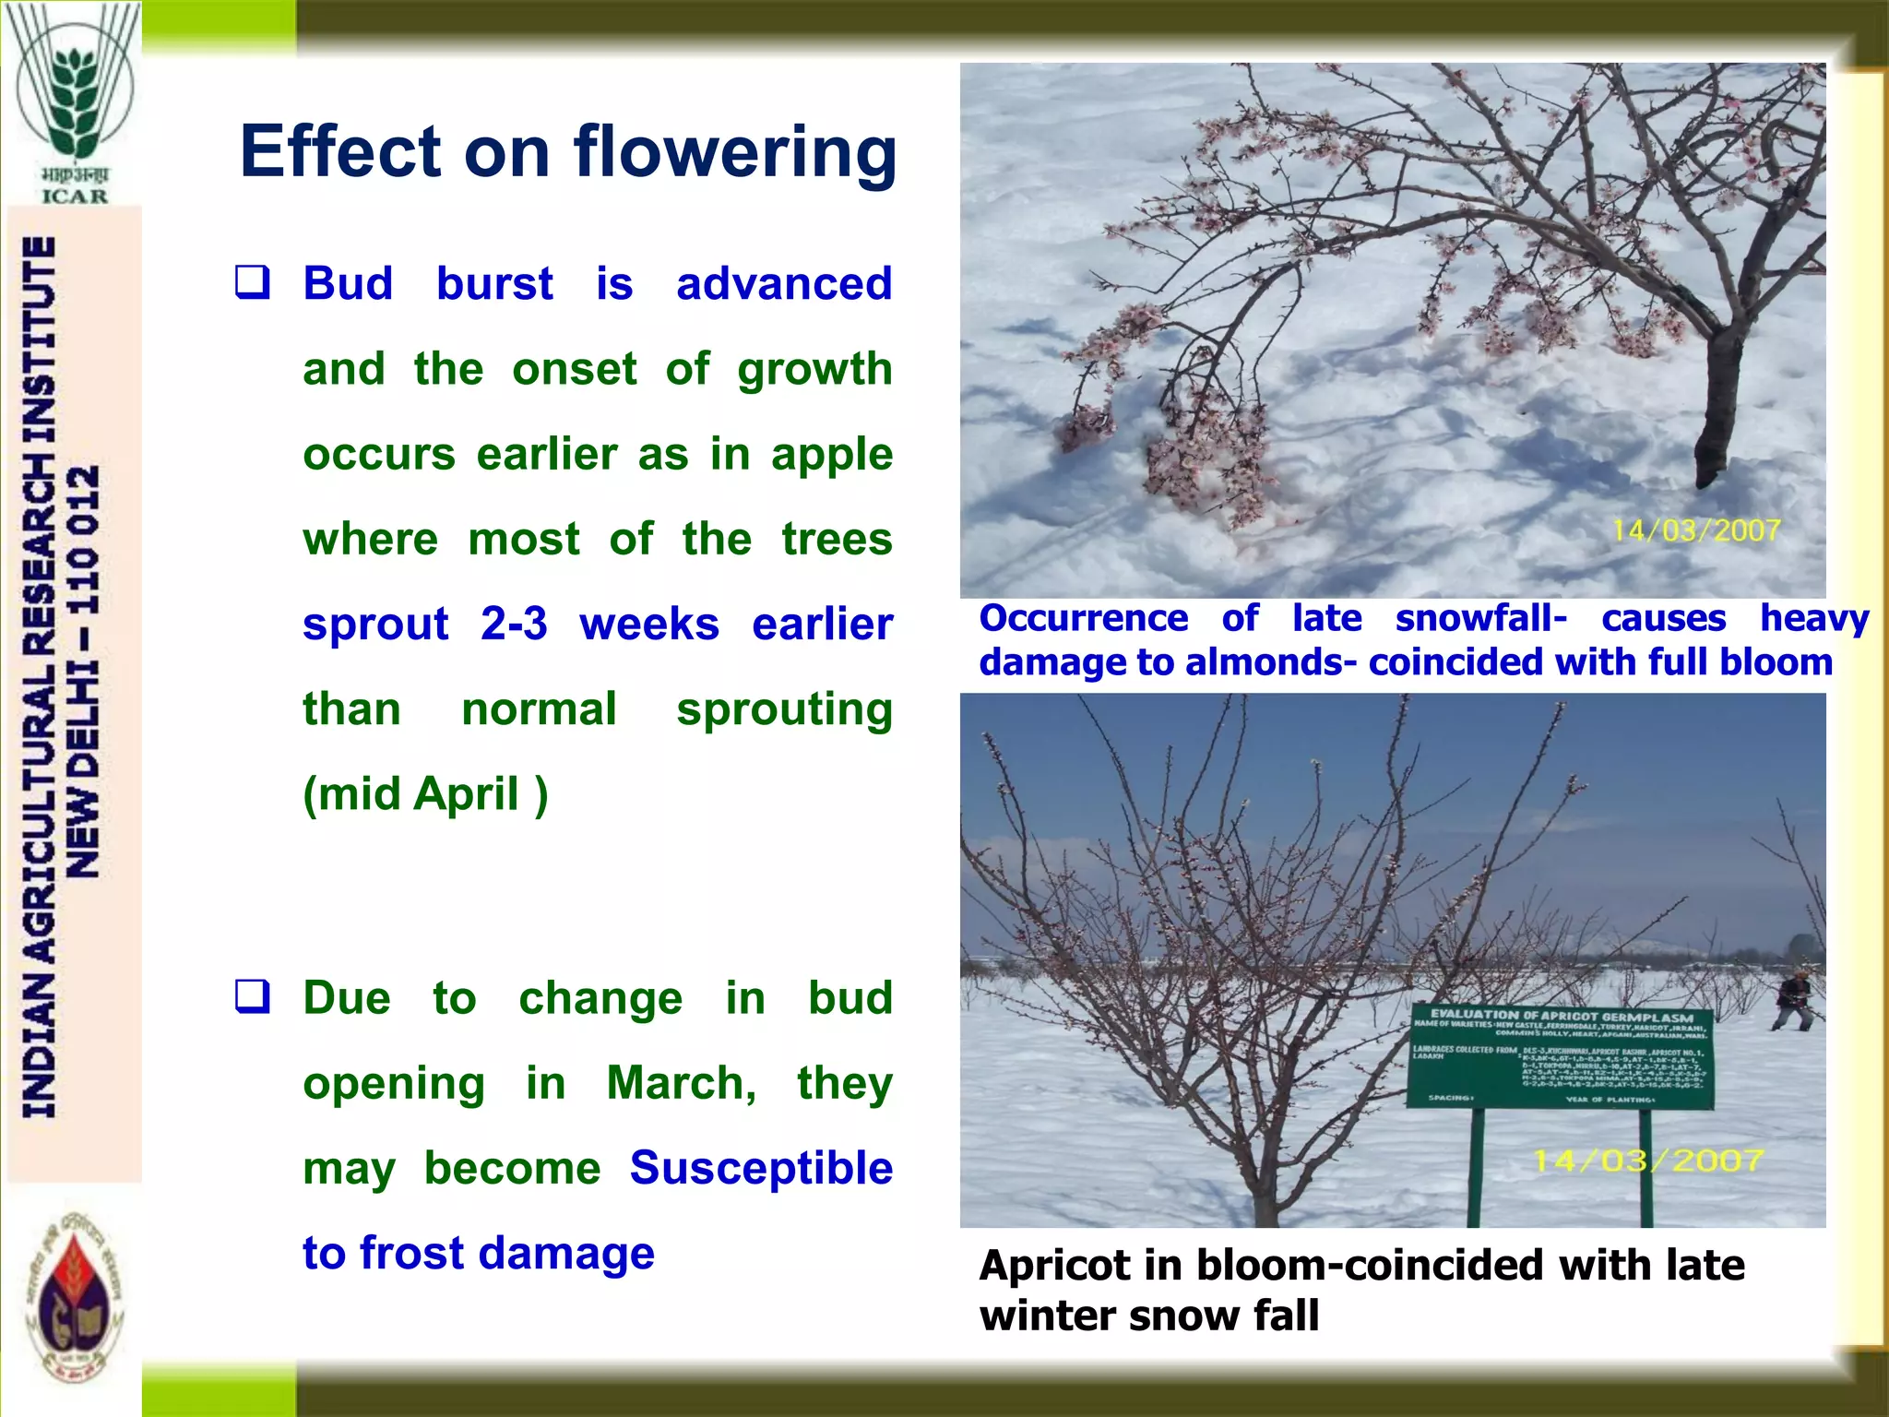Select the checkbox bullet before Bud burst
253,282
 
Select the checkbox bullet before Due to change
253,997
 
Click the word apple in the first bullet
831,455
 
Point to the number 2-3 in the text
514,625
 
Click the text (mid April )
425,794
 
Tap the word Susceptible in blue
761,1168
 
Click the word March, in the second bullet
682,1083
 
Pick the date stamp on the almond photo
1695,530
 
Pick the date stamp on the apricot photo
1648,1161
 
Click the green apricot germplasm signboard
1561,1057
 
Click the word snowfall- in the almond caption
1480,618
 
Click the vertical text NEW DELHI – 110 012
84,672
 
